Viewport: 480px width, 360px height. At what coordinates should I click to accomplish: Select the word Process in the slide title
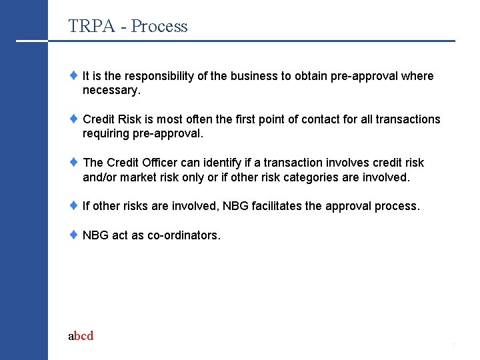tap(159, 27)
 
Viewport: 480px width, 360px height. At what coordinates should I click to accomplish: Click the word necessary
tap(110, 90)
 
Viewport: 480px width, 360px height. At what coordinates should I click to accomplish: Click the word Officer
tap(159, 163)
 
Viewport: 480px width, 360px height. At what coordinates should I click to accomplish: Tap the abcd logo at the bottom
tap(81, 336)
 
